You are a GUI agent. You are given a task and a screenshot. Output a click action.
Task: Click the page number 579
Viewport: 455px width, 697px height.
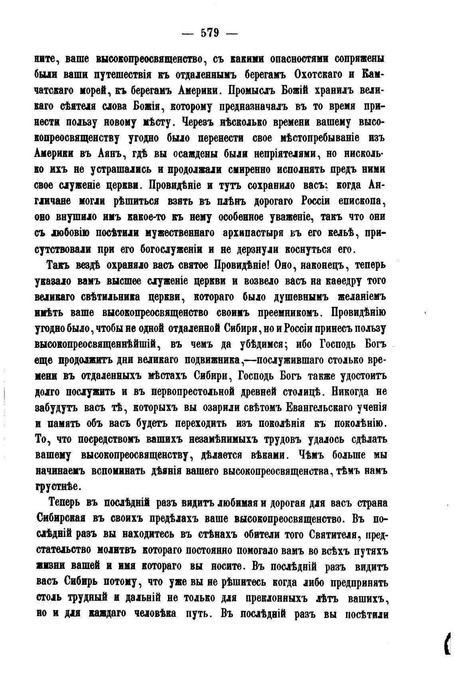point(210,34)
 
